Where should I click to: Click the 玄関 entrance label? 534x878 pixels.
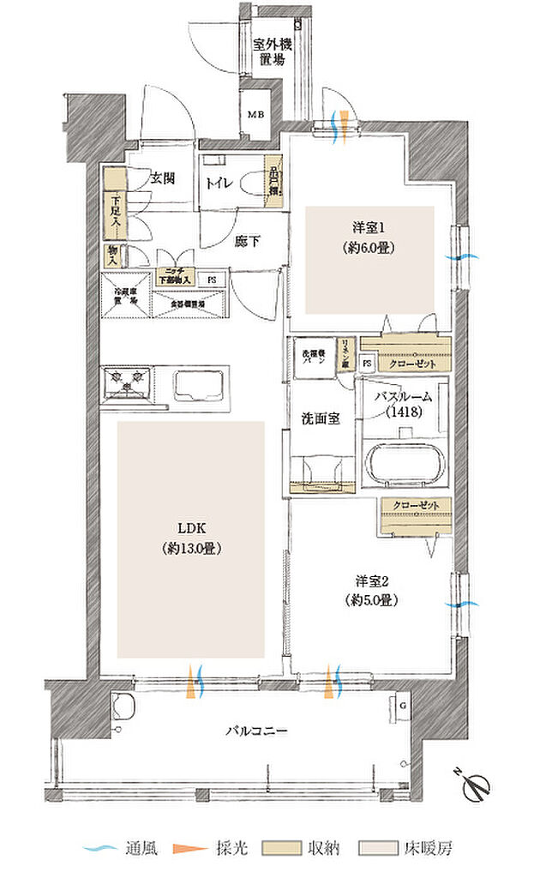click(x=163, y=178)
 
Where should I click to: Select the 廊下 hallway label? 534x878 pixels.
click(x=248, y=241)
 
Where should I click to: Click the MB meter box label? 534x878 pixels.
click(x=256, y=114)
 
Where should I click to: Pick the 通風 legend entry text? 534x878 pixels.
click(x=141, y=849)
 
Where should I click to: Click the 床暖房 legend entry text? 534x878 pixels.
click(x=429, y=849)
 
